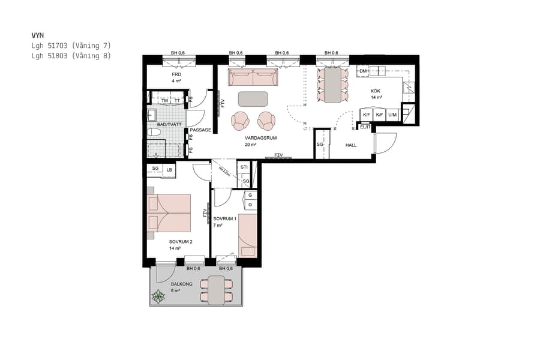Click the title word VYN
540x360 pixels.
[x=37, y=35]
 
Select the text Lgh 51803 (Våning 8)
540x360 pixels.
[x=71, y=56]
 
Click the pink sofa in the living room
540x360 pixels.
[x=253, y=78]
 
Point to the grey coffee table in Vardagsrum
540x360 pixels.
[x=254, y=98]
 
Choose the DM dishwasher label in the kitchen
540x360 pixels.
[x=363, y=71]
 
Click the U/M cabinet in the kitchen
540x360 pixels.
[x=392, y=115]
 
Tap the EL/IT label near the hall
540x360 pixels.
[x=364, y=127]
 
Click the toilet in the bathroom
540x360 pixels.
[x=154, y=132]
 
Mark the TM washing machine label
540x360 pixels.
[x=164, y=101]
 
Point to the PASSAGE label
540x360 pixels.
[x=200, y=130]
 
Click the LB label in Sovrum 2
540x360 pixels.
[x=170, y=170]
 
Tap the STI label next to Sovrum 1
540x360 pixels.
[x=244, y=167]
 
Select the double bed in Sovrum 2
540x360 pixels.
[x=169, y=213]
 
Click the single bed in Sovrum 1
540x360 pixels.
[x=248, y=235]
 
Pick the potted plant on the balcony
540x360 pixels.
[x=158, y=296]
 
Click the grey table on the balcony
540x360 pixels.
[x=217, y=289]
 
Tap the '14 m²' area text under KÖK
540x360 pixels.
[x=376, y=97]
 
